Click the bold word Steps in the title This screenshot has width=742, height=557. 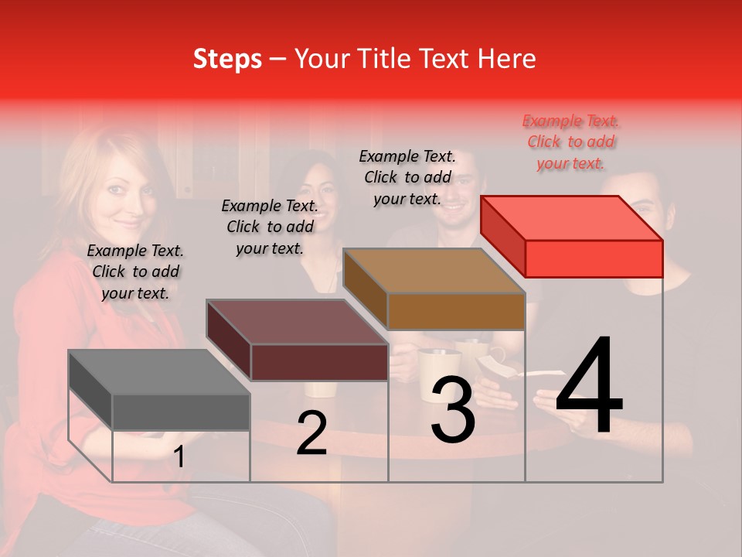pyautogui.click(x=227, y=59)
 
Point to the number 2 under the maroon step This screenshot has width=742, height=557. pyautogui.click(x=311, y=432)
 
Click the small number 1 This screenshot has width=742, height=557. pyautogui.click(x=179, y=457)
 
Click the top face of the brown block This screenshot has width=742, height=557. pyautogui.click(x=434, y=271)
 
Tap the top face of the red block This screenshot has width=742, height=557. pyautogui.click(x=571, y=218)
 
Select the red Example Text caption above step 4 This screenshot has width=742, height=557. pyautogui.click(x=571, y=142)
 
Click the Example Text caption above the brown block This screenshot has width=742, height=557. pyautogui.click(x=407, y=177)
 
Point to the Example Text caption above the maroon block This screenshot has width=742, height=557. pyautogui.click(x=270, y=227)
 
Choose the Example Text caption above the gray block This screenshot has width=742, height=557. pyautogui.click(x=135, y=272)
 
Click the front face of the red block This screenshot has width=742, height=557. pyautogui.click(x=594, y=258)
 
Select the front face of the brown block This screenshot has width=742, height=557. pyautogui.click(x=456, y=311)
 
